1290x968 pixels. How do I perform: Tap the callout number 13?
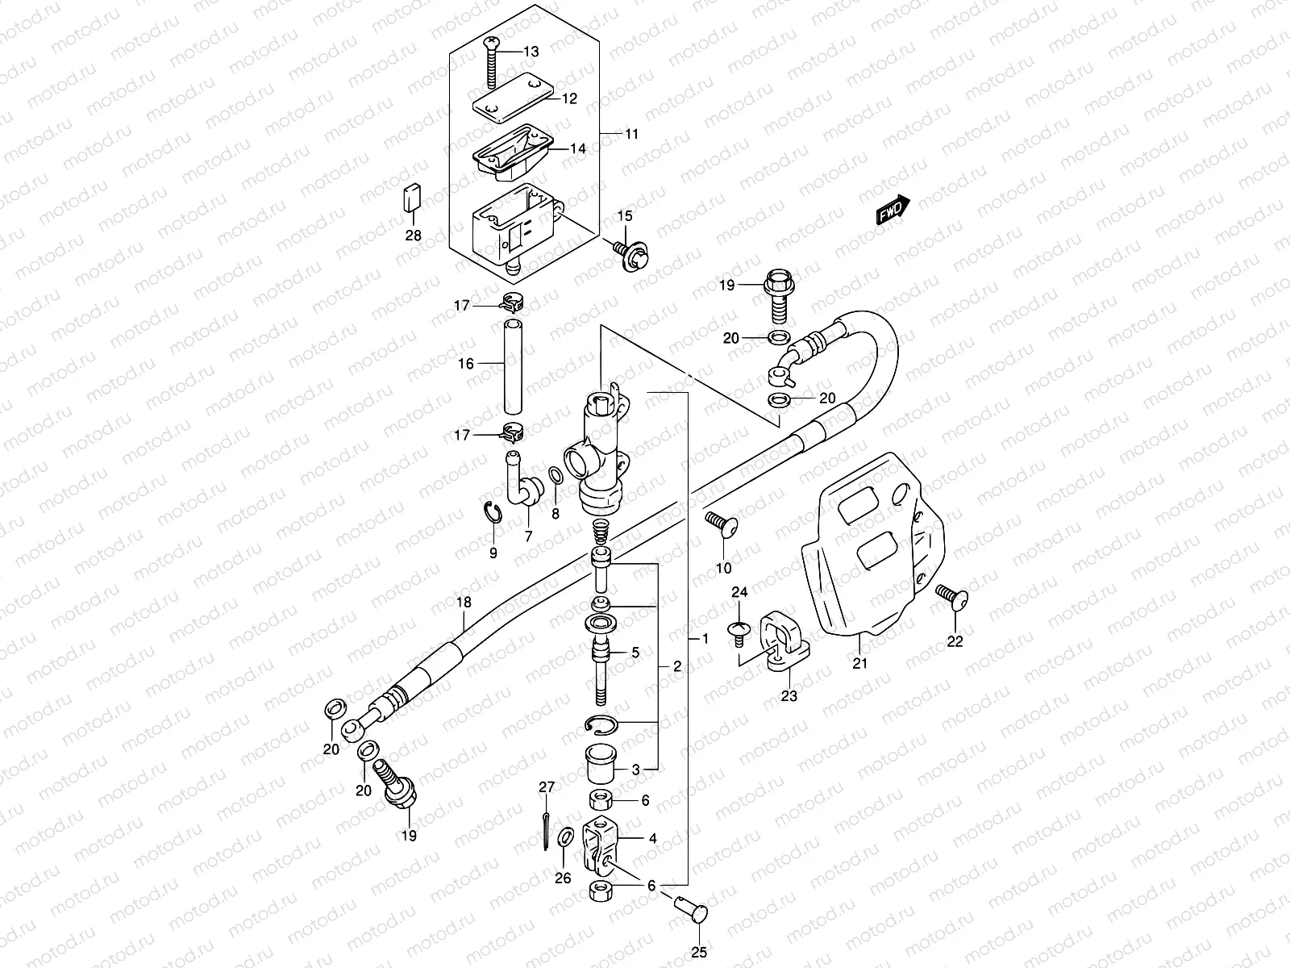click(530, 52)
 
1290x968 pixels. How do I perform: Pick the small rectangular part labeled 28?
click(412, 198)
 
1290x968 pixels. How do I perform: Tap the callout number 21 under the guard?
click(859, 663)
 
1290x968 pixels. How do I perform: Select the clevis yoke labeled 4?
click(601, 847)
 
